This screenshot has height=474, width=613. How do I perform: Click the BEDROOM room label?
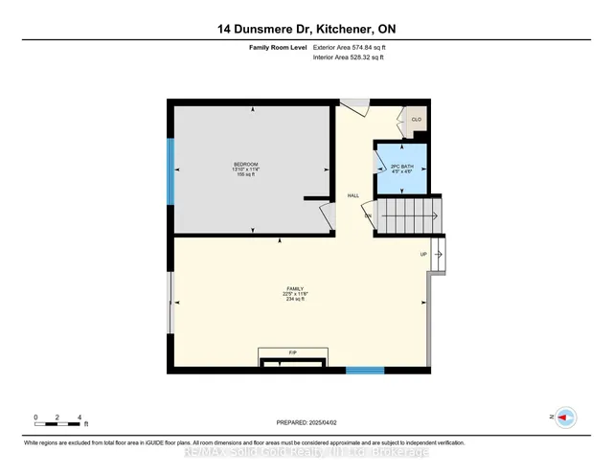(x=246, y=165)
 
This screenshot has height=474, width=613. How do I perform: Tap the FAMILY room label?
(x=295, y=288)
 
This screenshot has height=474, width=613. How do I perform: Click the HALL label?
(x=353, y=195)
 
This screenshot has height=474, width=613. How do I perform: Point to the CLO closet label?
(x=416, y=120)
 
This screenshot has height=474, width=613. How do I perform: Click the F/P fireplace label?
(x=293, y=353)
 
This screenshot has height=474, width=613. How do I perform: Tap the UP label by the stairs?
(x=423, y=254)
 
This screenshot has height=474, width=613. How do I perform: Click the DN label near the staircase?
(x=368, y=216)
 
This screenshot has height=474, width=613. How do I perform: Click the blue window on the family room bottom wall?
(x=365, y=371)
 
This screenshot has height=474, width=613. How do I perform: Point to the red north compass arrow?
(x=565, y=417)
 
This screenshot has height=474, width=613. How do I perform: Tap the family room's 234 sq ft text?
(x=295, y=300)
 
